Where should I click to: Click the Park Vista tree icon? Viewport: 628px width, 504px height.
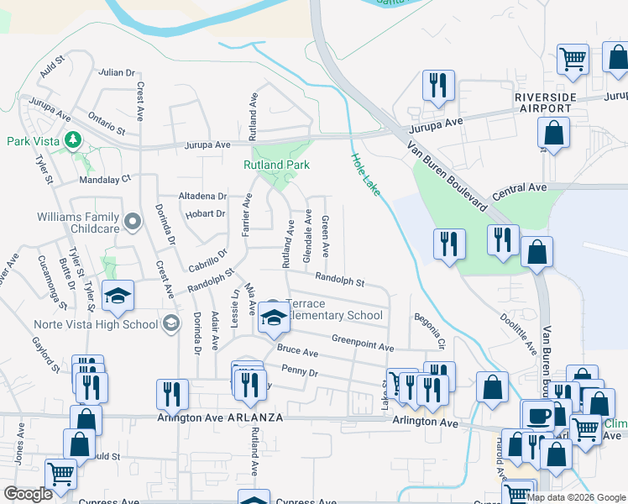75,140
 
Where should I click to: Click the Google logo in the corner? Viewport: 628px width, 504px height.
28,494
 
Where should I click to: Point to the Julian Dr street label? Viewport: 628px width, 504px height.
117,73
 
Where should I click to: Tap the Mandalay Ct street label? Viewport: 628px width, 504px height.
105,179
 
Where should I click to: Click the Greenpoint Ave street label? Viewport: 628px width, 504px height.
362,343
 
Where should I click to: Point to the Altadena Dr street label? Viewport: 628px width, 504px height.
202,196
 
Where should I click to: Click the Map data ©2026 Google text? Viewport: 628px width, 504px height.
577,497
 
